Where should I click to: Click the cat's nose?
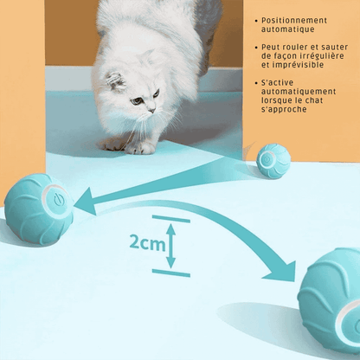[x=151, y=110]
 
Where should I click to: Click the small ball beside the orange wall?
[x=273, y=161]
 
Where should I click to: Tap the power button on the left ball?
[x=58, y=200]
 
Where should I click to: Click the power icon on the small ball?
[x=267, y=158]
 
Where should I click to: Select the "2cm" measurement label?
[x=147, y=242]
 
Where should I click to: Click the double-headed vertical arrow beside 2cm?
[x=170, y=246]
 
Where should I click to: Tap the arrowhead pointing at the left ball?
[x=86, y=202]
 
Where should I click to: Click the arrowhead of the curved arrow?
[x=281, y=271]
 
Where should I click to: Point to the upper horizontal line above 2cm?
[x=171, y=219]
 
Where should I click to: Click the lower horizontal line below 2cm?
[x=171, y=273]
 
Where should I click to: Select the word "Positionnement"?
[x=294, y=21]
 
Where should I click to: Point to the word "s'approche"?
[x=284, y=109]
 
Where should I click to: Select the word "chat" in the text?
[x=314, y=100]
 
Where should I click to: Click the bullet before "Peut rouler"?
[x=256, y=48]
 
